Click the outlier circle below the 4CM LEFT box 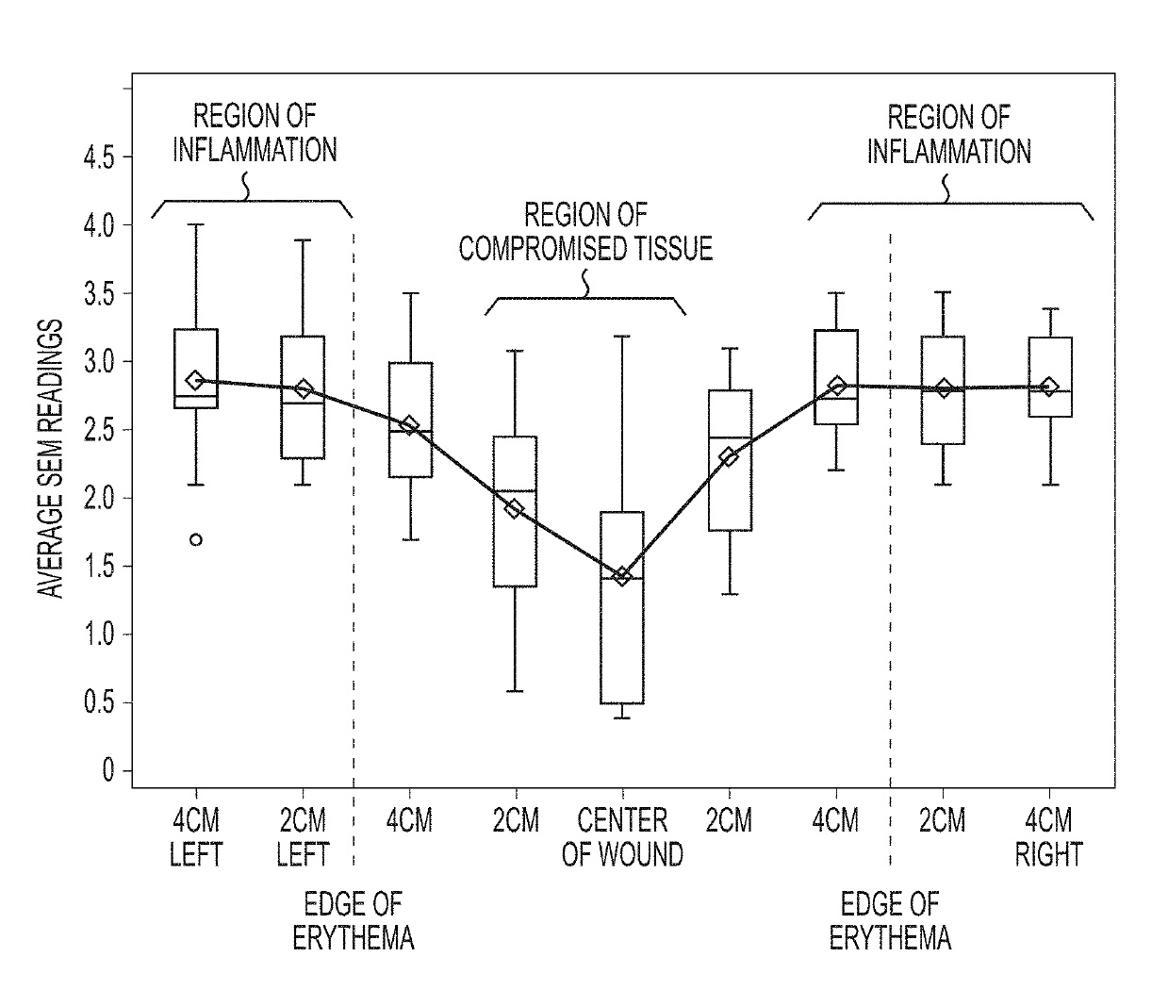(196, 539)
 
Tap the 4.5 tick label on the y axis (99, 157)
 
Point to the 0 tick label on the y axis (107, 770)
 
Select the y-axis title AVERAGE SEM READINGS (50, 458)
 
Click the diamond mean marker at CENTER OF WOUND (622, 576)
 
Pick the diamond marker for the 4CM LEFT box (196, 380)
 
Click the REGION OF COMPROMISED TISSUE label (585, 232)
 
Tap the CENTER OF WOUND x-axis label (622, 837)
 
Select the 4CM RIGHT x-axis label (1049, 837)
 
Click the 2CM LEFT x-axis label (303, 837)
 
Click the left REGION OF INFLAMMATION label (255, 133)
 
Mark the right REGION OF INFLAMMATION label (949, 135)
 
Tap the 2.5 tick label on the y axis (99, 430)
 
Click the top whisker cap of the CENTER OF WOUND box (622, 337)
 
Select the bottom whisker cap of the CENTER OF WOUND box (622, 717)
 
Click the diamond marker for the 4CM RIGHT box (1049, 387)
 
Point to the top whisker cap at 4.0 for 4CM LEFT (196, 224)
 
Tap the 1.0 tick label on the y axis (99, 635)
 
